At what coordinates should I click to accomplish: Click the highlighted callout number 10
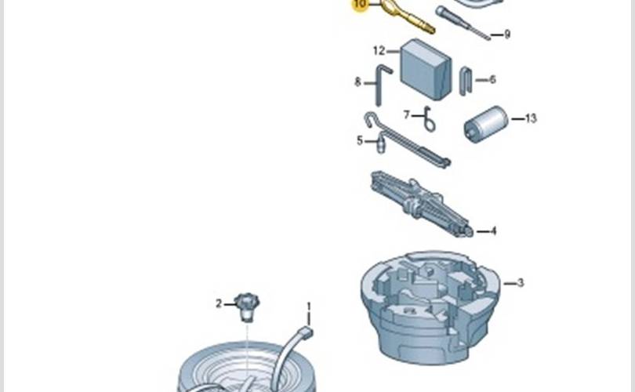pos(360,5)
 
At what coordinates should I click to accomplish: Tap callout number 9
pos(506,34)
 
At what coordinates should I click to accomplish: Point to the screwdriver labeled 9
pos(463,23)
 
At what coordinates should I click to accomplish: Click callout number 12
pos(379,51)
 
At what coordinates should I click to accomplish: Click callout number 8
pos(357,81)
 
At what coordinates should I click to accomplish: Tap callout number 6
pos(492,79)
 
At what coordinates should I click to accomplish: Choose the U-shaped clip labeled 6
pos(466,81)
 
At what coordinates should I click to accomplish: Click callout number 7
pos(407,114)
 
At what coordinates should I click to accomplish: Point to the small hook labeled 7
pos(428,121)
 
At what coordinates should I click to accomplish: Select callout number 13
pos(531,119)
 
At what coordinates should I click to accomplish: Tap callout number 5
pos(360,141)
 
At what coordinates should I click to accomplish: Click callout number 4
pos(492,231)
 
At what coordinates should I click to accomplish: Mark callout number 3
pos(519,282)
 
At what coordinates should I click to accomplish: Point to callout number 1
pos(308,306)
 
